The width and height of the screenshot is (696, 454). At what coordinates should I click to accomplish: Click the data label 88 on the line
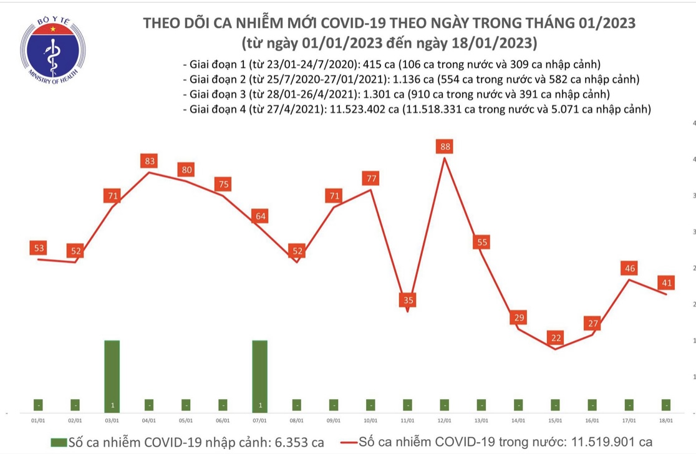445,147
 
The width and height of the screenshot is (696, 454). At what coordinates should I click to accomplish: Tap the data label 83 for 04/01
150,162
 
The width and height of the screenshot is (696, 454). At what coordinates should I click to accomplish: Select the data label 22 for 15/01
556,338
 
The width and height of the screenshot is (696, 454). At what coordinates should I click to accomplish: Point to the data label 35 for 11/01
408,301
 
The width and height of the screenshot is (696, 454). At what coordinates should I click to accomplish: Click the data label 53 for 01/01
39,248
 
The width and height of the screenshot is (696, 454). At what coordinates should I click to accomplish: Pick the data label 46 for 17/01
629,269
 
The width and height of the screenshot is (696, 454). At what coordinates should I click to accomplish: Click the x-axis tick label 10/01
371,421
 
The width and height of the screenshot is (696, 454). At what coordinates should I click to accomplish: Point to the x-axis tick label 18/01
667,421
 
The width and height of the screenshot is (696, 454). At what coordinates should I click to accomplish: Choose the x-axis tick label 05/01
186,421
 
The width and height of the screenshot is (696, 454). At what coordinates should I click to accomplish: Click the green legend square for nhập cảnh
59,443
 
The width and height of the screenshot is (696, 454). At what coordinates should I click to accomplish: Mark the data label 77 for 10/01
372,179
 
